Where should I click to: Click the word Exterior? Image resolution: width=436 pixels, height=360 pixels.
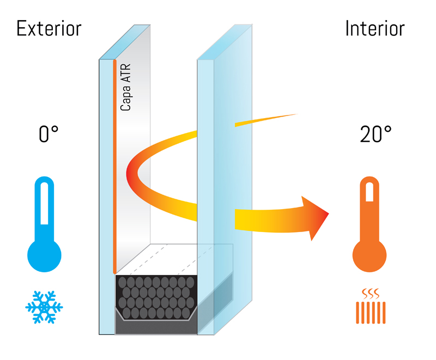(x=49, y=28)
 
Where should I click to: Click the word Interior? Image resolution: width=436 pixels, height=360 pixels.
(x=374, y=28)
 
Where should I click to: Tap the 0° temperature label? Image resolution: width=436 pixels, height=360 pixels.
(x=49, y=135)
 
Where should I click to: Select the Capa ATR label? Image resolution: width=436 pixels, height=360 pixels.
(x=126, y=87)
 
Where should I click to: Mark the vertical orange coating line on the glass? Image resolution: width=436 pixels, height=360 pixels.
(x=114, y=163)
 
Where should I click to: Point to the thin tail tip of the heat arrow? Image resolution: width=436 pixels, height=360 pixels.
(x=294, y=115)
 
